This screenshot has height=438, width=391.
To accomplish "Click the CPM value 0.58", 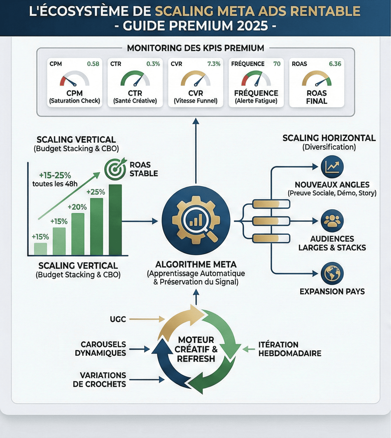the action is pyautogui.click(x=93, y=64).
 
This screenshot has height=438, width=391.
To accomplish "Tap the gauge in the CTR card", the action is pyautogui.click(x=135, y=79).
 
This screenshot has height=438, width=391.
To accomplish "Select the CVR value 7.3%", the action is pyautogui.click(x=214, y=64).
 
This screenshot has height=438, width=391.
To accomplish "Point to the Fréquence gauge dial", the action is pyautogui.click(x=256, y=79).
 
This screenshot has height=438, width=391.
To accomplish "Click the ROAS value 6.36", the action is pyautogui.click(x=335, y=64).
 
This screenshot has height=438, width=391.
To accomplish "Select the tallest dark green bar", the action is pyautogui.click(x=115, y=220).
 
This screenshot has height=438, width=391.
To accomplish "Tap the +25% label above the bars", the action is pyautogui.click(x=96, y=192).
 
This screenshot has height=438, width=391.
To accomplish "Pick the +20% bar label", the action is pyautogui.click(x=77, y=207).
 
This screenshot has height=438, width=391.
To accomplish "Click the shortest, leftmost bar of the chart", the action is pyautogui.click(x=40, y=249).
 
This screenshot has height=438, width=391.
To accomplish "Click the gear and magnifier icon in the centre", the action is pyautogui.click(x=196, y=220).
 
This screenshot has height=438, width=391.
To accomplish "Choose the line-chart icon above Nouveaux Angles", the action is pyautogui.click(x=332, y=167).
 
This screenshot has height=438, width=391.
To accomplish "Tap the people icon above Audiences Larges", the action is pyautogui.click(x=332, y=220).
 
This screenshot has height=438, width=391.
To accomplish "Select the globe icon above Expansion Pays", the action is pyautogui.click(x=332, y=273).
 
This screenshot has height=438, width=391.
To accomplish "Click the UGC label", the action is pyautogui.click(x=118, y=319).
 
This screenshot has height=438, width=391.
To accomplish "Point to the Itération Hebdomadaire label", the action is pyautogui.click(x=290, y=349).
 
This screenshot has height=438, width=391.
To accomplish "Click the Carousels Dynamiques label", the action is pyautogui.click(x=100, y=348).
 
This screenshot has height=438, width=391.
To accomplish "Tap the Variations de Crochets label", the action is pyautogui.click(x=99, y=380).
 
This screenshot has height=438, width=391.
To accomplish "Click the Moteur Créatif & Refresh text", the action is pyautogui.click(x=196, y=349).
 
